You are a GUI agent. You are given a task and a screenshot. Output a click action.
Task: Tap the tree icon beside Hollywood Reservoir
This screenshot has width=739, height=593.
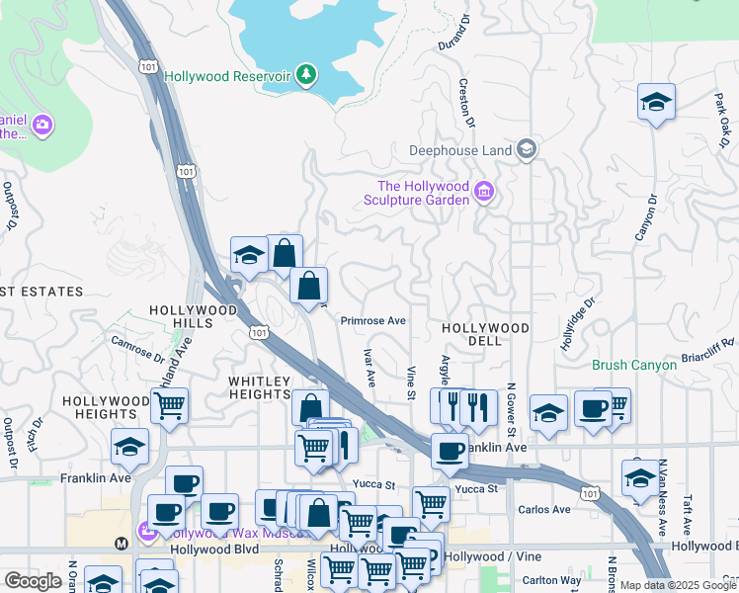(x=306, y=74)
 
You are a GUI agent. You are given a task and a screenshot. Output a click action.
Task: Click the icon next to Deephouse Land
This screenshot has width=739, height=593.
(x=527, y=149)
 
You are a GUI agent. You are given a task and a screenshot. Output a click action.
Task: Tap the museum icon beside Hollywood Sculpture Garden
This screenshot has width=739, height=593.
(x=484, y=192)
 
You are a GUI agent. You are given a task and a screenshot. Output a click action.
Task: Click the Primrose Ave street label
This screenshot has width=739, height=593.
(x=373, y=321)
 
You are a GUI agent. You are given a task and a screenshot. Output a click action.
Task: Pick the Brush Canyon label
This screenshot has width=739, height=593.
(x=634, y=365)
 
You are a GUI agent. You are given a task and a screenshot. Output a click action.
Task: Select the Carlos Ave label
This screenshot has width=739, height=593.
(x=544, y=510)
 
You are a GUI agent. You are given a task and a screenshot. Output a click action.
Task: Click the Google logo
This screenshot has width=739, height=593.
(x=33, y=581)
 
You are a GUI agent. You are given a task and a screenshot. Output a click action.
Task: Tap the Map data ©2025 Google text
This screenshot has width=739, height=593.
(x=679, y=585)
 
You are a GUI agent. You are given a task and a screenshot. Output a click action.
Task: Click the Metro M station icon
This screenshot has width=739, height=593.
(x=122, y=543)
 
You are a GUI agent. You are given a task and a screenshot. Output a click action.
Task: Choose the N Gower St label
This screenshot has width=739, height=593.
(x=511, y=410)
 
